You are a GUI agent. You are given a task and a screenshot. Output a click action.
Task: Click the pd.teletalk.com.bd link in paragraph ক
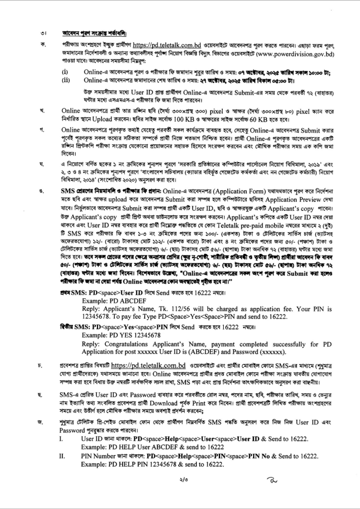[166, 44]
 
